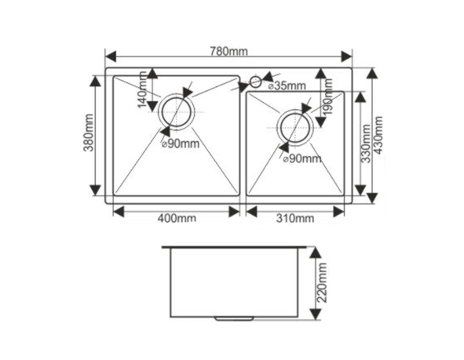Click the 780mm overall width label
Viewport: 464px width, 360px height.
click(x=228, y=52)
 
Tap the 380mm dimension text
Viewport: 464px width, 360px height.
click(x=89, y=133)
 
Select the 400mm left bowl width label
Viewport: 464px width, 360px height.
click(x=177, y=218)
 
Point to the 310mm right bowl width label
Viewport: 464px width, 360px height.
click(x=295, y=218)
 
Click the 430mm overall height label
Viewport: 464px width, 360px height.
click(x=378, y=134)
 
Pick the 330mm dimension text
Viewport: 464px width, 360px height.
click(x=366, y=144)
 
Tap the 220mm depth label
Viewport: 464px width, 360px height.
click(x=322, y=282)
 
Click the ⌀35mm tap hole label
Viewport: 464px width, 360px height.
click(x=287, y=86)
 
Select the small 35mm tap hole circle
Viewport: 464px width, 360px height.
click(x=255, y=82)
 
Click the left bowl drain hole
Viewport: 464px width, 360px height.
click(x=177, y=111)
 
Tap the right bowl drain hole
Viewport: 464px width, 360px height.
click(x=295, y=127)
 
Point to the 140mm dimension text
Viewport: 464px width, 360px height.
click(x=142, y=89)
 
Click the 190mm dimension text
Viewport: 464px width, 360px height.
click(x=327, y=96)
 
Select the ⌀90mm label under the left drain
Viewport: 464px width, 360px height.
click(x=181, y=144)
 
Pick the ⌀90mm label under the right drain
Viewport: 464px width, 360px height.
click(x=301, y=158)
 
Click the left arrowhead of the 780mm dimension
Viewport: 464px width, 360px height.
click(x=111, y=56)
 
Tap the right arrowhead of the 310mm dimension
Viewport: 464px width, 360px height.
click(x=339, y=212)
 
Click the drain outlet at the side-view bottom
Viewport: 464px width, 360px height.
click(x=234, y=318)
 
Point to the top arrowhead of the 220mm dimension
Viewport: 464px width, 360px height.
click(x=315, y=253)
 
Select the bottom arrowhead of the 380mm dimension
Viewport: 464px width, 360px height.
click(x=95, y=190)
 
